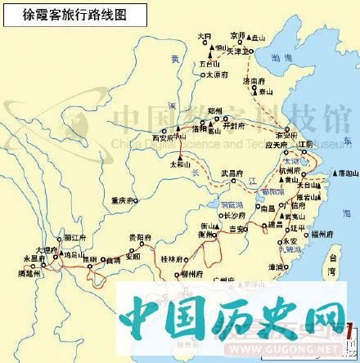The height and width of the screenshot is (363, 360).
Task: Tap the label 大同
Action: pyautogui.click(x=204, y=36)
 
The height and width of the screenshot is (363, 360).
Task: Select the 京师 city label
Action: pyautogui.click(x=238, y=36)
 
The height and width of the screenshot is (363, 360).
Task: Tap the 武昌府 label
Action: pyautogui.click(x=233, y=173)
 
